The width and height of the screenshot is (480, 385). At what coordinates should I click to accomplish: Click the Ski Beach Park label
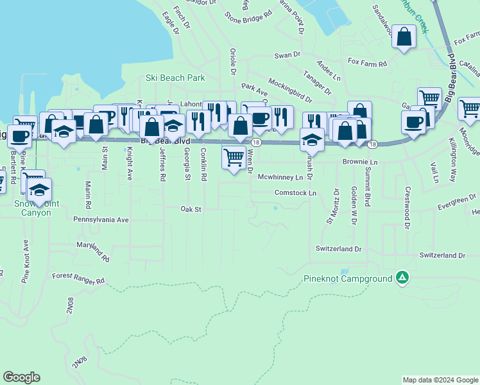coord(175,78)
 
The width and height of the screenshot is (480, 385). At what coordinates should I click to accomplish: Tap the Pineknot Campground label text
coord(347,278)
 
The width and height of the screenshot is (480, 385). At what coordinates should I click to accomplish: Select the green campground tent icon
coord(402,278)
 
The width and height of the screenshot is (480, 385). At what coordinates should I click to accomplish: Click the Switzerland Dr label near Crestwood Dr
coord(442,255)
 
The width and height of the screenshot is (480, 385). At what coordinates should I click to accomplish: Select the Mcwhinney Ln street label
coord(280,176)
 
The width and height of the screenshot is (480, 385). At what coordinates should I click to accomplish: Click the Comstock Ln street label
coord(296,193)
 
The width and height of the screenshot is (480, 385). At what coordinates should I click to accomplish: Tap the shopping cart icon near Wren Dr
coord(234,157)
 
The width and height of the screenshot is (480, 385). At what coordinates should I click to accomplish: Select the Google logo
coord(21,377)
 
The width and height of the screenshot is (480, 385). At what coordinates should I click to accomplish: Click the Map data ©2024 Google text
coord(440,380)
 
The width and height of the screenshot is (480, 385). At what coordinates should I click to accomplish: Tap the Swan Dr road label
coord(287,55)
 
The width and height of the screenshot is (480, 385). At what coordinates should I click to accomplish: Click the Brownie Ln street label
coord(361,162)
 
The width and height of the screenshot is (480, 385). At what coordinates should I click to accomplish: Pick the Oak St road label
coord(191,209)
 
